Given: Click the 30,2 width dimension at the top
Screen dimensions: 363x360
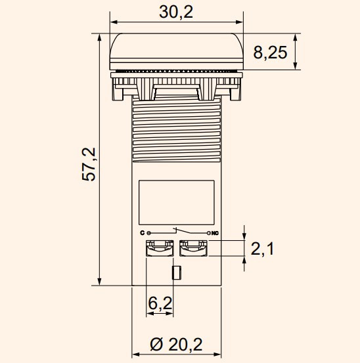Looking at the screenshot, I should (176, 12).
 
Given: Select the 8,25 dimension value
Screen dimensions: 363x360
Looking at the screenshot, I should (270, 53).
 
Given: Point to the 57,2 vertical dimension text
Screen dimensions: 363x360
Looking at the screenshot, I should (90, 163).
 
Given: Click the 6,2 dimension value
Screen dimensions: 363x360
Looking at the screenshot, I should (160, 303).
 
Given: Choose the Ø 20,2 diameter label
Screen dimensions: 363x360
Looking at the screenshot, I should (176, 343).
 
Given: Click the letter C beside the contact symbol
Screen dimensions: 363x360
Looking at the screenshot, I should (142, 233).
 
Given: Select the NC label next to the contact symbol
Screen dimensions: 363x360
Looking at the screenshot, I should (215, 233).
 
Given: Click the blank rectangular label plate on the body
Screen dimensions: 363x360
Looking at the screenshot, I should (176, 201).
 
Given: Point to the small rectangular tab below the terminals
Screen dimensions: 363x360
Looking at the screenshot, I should (176, 272).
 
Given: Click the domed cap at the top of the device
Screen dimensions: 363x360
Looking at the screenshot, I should (176, 49).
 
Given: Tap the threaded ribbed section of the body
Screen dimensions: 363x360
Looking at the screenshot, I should (176, 128).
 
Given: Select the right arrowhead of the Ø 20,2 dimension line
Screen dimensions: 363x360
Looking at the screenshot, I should (217, 356).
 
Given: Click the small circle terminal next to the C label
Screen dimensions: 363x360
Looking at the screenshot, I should (148, 233).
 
